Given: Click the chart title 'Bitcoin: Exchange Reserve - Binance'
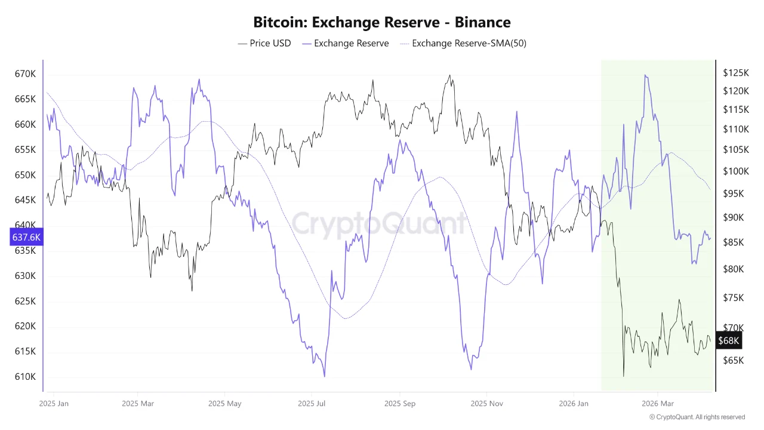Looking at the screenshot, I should [x=382, y=23].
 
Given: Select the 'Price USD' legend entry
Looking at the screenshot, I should [x=264, y=43].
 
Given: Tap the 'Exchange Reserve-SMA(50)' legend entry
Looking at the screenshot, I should [x=463, y=43].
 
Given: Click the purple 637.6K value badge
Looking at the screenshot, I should [x=26, y=237].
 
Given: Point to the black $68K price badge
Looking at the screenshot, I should [x=728, y=341].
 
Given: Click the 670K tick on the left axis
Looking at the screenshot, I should [x=25, y=74].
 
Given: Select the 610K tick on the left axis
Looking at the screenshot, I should [x=25, y=377].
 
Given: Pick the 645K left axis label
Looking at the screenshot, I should [x=25, y=200].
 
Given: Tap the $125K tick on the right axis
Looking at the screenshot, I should [x=735, y=73].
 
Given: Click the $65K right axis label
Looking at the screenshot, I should [x=733, y=360].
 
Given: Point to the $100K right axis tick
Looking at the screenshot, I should [x=735, y=171].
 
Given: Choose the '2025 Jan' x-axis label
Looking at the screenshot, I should [x=54, y=403].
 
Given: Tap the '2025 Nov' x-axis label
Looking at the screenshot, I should [x=487, y=403].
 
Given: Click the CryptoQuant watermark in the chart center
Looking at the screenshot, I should [x=379, y=223].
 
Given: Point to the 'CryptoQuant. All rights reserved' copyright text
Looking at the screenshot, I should [x=697, y=417].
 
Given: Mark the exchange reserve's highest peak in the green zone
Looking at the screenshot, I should [x=645, y=75].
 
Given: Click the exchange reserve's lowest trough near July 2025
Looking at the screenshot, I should [x=324, y=376].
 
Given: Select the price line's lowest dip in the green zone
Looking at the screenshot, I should [x=623, y=376].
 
